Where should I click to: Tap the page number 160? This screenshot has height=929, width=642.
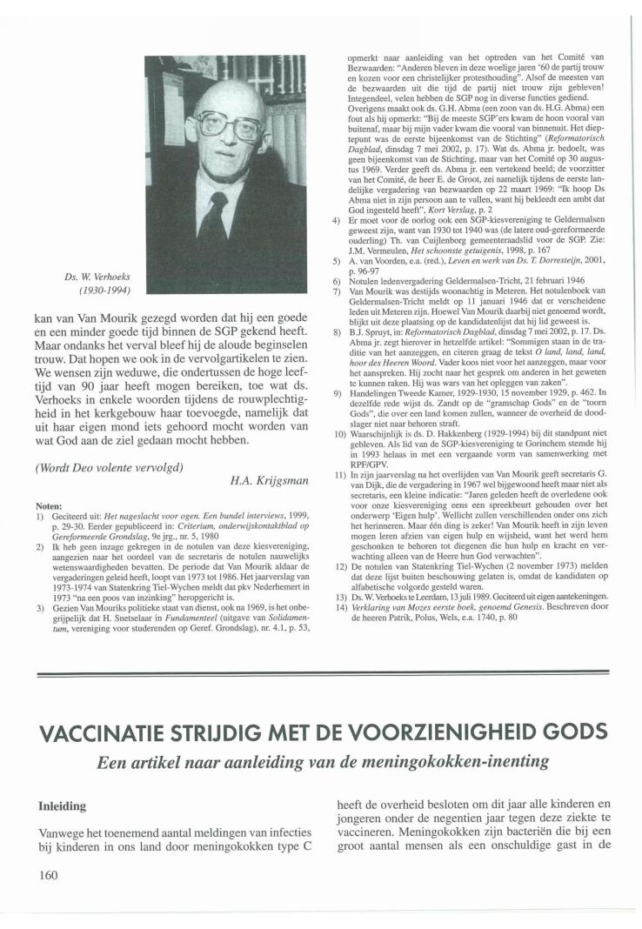pyautogui.click(x=48, y=874)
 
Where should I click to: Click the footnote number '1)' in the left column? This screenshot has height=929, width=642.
pyautogui.click(x=40, y=515)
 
